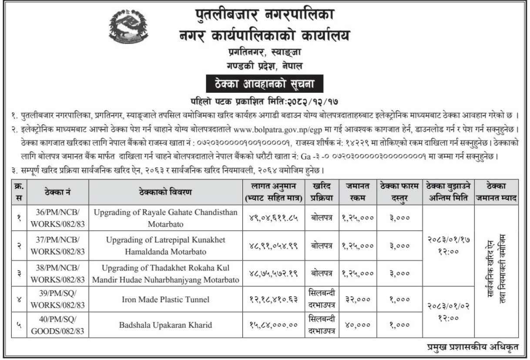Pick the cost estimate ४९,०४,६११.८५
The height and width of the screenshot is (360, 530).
coord(273,218)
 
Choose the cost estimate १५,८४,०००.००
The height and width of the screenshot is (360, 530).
coord(273,325)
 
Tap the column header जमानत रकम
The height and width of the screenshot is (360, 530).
coord(358,191)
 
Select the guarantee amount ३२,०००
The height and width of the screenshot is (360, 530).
coord(358,299)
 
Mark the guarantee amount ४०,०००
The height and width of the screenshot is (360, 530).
coord(358,325)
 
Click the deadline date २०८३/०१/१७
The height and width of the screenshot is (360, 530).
coord(448,239)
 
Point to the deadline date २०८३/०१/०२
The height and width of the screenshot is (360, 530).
coord(448,306)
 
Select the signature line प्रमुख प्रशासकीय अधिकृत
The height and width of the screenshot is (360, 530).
coord(473,347)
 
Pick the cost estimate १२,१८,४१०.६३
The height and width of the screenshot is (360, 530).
coord(273,299)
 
